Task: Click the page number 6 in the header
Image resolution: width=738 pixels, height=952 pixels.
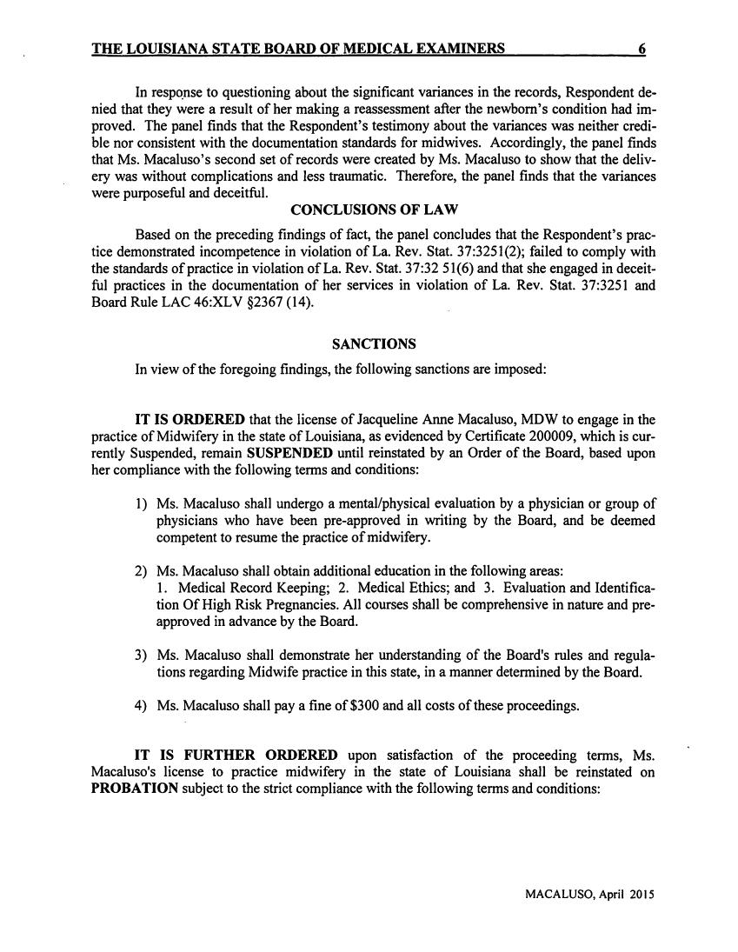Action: (641, 50)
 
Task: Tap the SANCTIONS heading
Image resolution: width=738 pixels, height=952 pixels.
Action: (368, 344)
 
